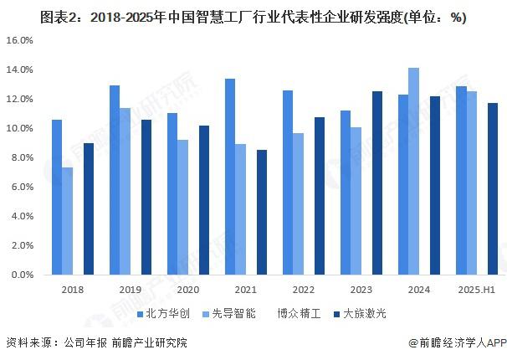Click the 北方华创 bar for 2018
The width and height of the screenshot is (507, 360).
pos(57,197)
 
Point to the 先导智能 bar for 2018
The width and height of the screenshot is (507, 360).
pos(68,221)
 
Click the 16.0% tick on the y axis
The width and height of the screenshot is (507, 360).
pos(19,40)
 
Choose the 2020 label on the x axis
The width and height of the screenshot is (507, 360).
pos(188,289)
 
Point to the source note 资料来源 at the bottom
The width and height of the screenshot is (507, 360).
pos(96,342)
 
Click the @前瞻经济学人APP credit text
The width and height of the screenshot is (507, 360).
pos(458,342)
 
